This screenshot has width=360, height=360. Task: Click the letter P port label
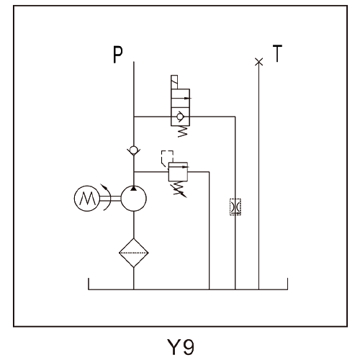click(118, 55)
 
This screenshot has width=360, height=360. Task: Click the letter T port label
click(277, 53)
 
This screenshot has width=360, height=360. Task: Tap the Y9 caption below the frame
click(180, 347)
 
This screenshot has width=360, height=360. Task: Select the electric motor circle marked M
click(87, 198)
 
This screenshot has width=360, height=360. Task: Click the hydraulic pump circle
click(133, 198)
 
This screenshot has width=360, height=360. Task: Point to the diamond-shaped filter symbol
click(134, 253)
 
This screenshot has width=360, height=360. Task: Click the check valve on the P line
click(134, 150)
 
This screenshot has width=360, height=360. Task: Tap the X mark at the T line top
click(258, 62)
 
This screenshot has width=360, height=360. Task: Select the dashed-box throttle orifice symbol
click(235, 207)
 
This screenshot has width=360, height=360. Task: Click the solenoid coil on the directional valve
click(174, 82)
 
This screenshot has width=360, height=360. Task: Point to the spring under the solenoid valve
click(182, 132)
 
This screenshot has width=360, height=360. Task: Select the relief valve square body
click(178, 172)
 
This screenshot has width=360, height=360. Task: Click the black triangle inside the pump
click(133, 189)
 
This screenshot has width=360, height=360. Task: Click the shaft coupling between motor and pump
click(110, 198)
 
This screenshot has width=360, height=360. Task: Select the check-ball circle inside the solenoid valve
click(179, 117)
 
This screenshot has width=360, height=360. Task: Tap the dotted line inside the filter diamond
click(134, 253)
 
